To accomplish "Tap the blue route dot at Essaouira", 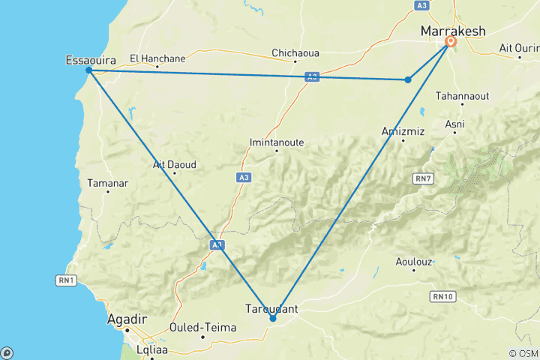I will coord(88,70).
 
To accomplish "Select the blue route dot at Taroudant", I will coord(273,319).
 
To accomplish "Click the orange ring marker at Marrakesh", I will coord(451,42).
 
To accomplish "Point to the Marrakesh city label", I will coord(452,31).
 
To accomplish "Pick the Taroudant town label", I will coord(271,308).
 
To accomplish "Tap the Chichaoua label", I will coord(295,53).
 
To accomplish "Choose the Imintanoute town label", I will coord(277,141).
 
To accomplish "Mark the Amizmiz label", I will coord(402,130).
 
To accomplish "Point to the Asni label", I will coord(454,124).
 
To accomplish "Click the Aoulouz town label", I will coord(412,262).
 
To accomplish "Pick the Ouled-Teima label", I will coord(203,328).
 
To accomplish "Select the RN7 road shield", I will coord(424,178).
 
